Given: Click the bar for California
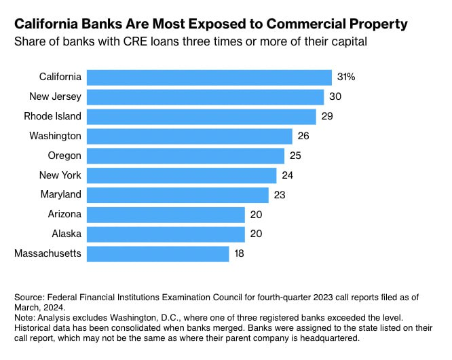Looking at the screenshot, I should [209, 77].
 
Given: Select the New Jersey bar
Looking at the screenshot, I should [205, 96].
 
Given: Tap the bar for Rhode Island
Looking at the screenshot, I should [202, 116].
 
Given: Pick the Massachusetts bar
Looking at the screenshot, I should [158, 254].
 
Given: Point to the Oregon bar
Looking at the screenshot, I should [185, 156].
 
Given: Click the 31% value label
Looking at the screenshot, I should [346, 77].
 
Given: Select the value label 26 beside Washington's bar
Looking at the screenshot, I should [303, 136].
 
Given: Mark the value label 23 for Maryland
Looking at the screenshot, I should [280, 195].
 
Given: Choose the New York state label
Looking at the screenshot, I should [60, 175].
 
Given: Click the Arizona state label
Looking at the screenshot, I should [64, 215].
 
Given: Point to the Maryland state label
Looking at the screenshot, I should [61, 195].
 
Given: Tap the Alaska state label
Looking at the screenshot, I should [67, 234].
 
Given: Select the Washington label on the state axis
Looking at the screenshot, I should [55, 136].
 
